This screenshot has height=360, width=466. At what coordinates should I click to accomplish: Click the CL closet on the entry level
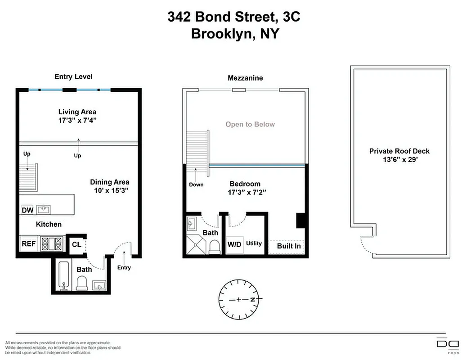point(76,244)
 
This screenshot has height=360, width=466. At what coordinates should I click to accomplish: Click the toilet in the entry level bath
point(82,283)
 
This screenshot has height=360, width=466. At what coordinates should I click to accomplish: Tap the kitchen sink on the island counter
point(44,209)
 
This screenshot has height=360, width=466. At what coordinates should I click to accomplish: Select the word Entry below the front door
point(124,268)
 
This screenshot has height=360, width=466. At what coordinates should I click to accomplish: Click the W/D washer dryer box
point(234,244)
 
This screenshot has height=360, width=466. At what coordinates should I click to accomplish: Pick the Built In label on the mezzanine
point(288,246)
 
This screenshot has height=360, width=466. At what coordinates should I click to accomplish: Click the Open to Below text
point(250,124)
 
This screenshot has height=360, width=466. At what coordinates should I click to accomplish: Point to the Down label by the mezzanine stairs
point(196,184)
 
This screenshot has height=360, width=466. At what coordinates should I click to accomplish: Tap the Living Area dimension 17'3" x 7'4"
point(77,121)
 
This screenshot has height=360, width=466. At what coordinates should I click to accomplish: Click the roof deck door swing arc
point(365,246)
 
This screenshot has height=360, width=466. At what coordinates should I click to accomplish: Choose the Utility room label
point(254,243)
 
